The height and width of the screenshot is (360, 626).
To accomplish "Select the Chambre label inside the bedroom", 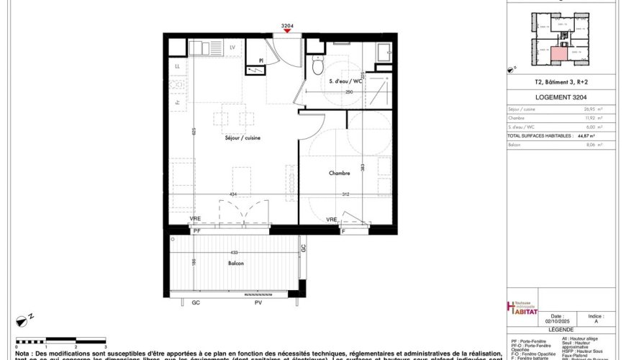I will tap(340, 173).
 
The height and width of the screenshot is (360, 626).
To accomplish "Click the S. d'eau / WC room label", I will tap(345, 81).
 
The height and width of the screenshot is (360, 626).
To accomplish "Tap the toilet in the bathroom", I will tap(317, 66).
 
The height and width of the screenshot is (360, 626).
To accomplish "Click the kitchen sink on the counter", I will tap(201, 49).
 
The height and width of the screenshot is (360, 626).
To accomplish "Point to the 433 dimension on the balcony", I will tap(234, 253).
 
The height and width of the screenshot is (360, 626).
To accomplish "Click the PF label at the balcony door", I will tap(196, 231).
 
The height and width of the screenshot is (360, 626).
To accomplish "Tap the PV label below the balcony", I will tap(257, 304).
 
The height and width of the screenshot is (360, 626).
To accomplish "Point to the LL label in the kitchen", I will tap(177, 66).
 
